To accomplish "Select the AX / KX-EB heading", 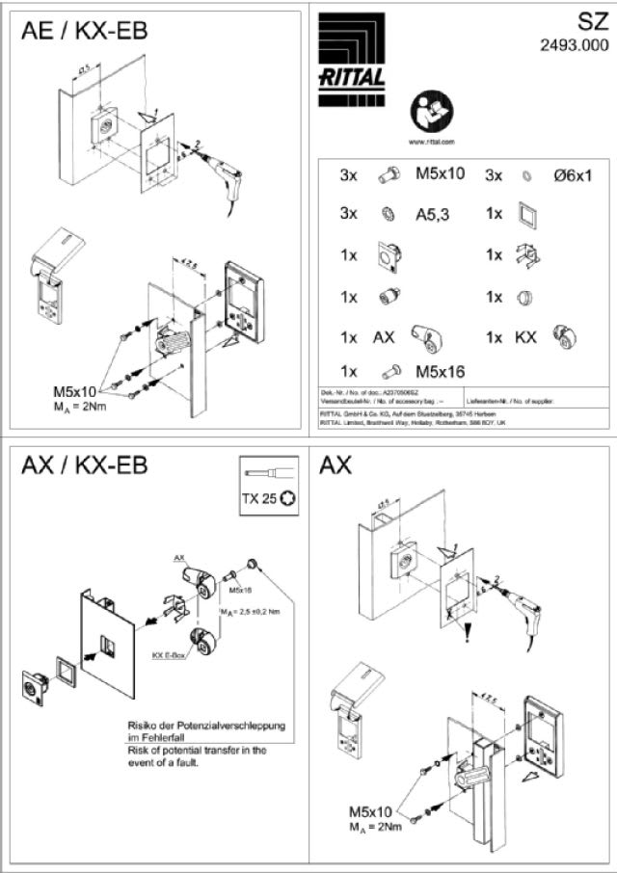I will [84, 466].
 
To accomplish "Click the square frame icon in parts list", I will [526, 213].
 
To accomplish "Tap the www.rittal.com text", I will [432, 141].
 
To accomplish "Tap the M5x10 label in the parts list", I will [440, 175].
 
